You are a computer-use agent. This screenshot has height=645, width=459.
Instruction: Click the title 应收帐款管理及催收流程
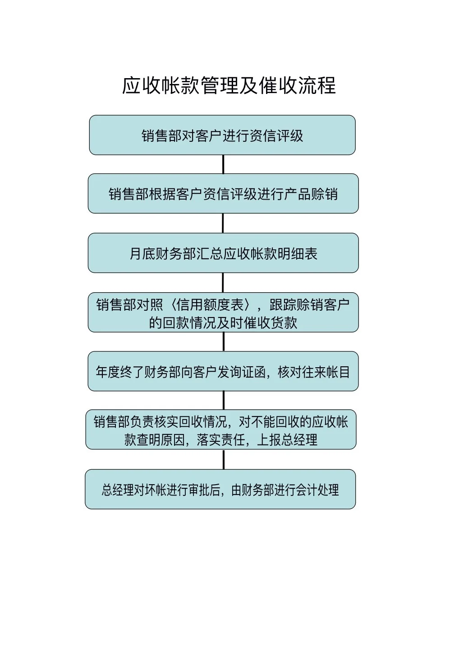click(229, 85)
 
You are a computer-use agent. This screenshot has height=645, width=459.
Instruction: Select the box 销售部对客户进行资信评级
click(222, 135)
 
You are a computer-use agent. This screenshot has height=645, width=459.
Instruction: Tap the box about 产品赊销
click(223, 193)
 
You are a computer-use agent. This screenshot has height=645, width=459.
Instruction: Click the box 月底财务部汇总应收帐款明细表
click(223, 253)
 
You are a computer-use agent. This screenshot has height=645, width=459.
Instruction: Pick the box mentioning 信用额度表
click(223, 313)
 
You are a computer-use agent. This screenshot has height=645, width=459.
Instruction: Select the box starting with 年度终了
click(223, 371)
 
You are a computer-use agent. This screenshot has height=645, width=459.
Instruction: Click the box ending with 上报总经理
click(221, 430)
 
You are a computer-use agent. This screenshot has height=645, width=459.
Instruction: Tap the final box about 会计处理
click(220, 489)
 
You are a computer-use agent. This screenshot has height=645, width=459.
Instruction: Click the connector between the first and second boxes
click(223, 164)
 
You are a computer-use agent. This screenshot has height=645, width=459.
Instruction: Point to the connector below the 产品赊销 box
click(223, 223)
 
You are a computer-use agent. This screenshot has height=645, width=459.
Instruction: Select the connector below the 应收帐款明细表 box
click(223, 283)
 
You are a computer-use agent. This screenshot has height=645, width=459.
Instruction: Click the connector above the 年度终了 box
click(223, 342)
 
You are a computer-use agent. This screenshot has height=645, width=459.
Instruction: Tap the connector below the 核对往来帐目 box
click(223, 400)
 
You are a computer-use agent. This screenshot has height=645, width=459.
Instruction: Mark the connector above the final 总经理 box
click(223, 459)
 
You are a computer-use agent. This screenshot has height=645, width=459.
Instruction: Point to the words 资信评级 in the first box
click(276, 136)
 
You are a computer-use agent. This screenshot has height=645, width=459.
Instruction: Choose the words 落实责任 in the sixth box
click(220, 439)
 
